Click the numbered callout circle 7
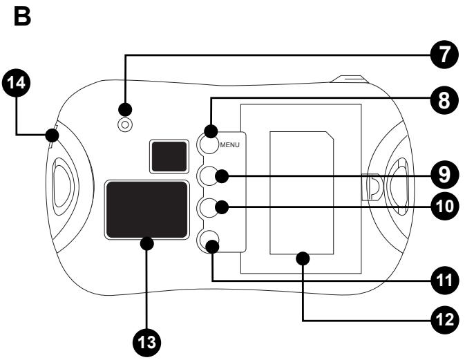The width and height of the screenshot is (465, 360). tap(444, 55)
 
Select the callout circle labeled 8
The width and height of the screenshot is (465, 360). tap(444, 100)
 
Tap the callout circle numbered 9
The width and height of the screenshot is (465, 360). tap(444, 175)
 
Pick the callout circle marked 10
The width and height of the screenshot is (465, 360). tap(444, 206)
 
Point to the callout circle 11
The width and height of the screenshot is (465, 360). tap(444, 281)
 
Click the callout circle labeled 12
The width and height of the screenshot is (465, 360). tap(444, 320)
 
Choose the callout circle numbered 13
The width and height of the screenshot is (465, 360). tap(146, 343)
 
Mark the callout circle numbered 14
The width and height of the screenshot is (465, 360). tap(16, 83)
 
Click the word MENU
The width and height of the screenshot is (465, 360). tap(229, 145)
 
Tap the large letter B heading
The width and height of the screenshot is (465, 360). tap(22, 17)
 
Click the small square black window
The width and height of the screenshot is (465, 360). tap(169, 156)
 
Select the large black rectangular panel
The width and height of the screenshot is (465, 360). tap(146, 209)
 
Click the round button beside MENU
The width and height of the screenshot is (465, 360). tap(209, 144)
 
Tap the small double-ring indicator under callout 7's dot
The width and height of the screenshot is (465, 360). tap(125, 124)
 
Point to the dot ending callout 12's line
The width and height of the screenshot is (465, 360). tap(303, 258)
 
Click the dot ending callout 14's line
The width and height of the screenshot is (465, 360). tap(53, 135)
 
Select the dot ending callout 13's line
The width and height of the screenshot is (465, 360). tap(146, 244)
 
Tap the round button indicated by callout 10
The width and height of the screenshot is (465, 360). tap(209, 207)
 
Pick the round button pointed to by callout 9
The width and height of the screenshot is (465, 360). tap(209, 176)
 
